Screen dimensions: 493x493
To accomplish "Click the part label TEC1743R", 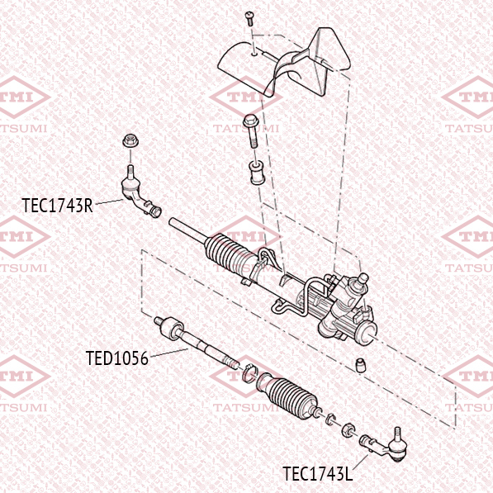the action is pos(58,206).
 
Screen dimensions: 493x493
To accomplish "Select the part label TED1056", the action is pos(117,358).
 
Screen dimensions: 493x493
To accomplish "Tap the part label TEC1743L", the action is pos(318,473).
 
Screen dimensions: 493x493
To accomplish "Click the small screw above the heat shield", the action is pos(249,18).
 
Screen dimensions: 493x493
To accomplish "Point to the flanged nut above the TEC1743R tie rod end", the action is pos(130,141).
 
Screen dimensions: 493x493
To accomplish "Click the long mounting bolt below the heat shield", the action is pos(251,131).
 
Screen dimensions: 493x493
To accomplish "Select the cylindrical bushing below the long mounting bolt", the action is pos(258,173).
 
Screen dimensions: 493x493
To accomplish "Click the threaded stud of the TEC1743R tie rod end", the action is pos(130,172).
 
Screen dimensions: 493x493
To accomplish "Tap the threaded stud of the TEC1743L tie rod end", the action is pos(397,434).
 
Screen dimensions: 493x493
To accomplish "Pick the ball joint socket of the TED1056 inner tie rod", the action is pos(172,329).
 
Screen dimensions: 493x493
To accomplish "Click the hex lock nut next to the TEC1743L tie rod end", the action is pos(348,429).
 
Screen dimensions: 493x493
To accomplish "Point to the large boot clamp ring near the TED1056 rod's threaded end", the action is pos(250,373).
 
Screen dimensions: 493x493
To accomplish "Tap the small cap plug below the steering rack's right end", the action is pos(361,365).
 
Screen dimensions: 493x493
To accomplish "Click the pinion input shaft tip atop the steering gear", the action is pos(363,278).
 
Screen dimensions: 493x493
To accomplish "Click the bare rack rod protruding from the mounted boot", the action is pos(187,230).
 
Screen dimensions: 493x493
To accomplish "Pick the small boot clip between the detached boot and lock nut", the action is pos(330,420).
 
